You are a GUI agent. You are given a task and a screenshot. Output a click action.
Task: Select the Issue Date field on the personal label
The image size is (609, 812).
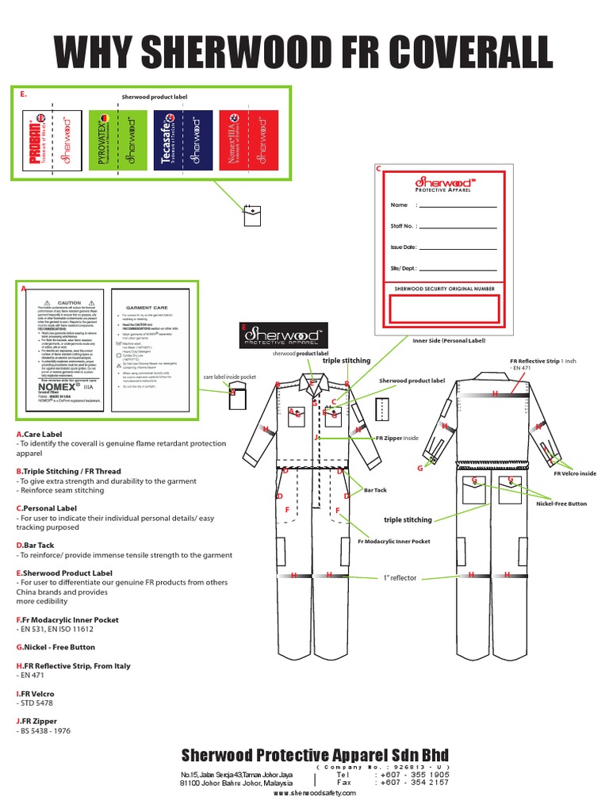463,247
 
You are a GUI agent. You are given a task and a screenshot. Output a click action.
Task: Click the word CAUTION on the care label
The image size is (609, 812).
68,303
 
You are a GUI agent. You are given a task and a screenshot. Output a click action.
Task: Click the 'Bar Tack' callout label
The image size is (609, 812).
374,490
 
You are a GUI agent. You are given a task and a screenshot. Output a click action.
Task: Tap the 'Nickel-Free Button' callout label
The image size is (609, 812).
561,504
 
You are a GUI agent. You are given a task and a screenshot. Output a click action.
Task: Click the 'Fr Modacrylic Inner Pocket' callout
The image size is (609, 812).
393,541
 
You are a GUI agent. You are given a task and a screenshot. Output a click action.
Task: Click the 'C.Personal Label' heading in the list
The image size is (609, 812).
48,507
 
